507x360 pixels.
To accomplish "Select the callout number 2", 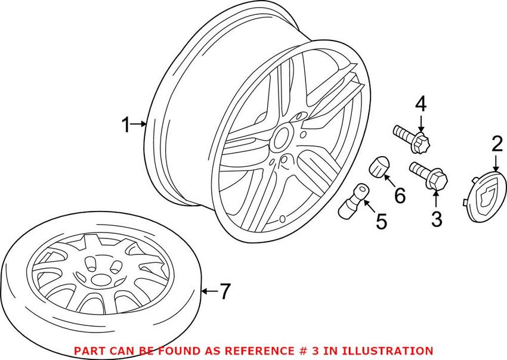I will point(496,144).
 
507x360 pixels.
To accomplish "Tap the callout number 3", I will point(437,219).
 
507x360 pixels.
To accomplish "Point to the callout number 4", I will point(421,104).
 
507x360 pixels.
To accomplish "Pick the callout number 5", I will point(381,222).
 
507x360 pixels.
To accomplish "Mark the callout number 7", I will point(224,291).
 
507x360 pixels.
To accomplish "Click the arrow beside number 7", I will point(207,291).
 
